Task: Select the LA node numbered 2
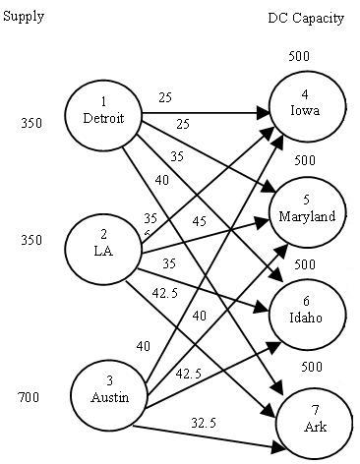click(102, 243)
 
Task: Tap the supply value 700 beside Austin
click(30, 398)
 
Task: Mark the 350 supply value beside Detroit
click(30, 124)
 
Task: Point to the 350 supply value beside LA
click(30, 240)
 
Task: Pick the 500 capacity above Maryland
click(304, 160)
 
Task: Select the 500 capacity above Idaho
click(304, 264)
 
